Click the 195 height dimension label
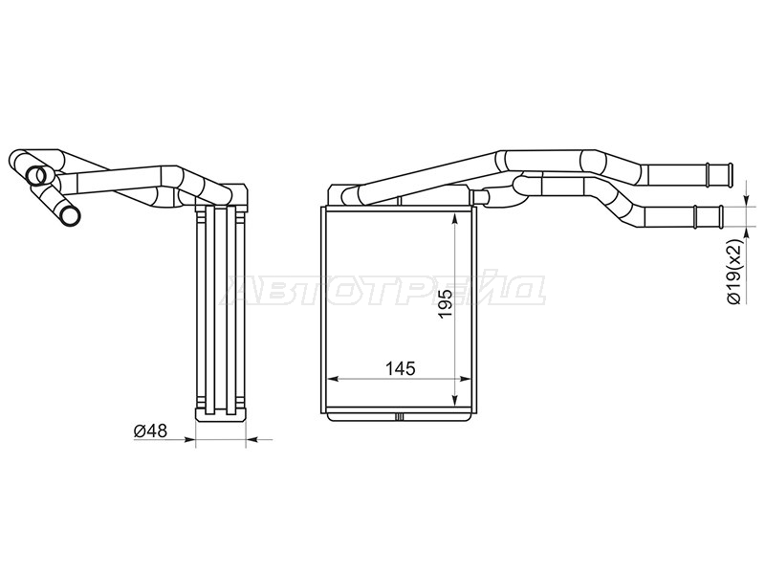[447, 303]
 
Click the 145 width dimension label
[400, 368]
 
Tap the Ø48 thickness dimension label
[151, 430]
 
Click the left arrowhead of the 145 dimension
[333, 378]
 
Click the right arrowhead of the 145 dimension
[465, 378]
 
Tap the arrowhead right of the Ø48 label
[188, 440]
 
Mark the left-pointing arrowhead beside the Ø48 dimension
[252, 440]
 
